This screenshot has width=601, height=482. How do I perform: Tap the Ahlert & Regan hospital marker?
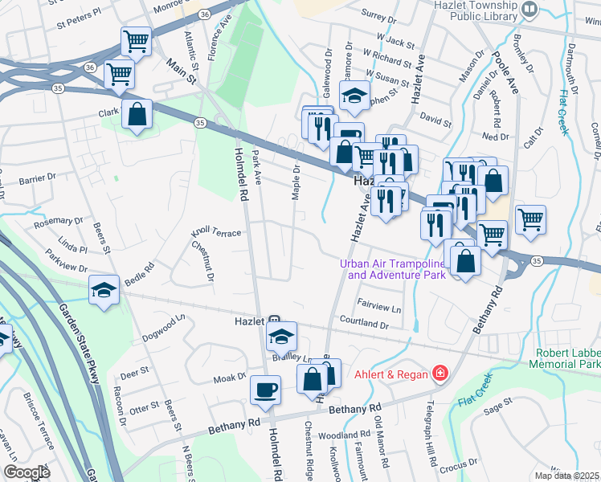pyautogui.click(x=439, y=374)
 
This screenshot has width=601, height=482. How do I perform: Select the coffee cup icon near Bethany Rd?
pyautogui.click(x=265, y=391)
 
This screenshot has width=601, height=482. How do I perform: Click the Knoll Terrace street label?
pyautogui.click(x=216, y=231)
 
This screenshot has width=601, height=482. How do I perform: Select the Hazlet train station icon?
pyautogui.click(x=274, y=320)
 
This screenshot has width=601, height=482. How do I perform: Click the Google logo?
pyautogui.click(x=27, y=472)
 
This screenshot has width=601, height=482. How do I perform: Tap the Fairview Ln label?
pyautogui.click(x=378, y=308)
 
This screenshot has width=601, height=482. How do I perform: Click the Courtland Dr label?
pyautogui.click(x=364, y=325)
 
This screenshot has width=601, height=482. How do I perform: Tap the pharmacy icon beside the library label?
pyautogui.click(x=529, y=9)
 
